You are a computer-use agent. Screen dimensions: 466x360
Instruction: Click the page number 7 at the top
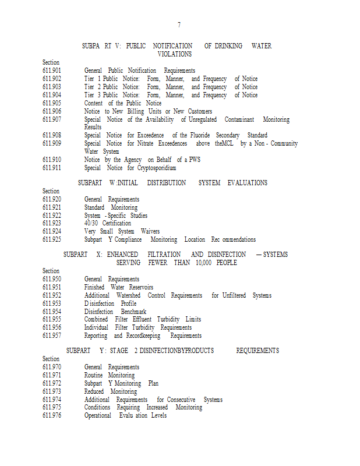(179, 25)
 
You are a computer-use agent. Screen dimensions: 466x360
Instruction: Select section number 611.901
(52, 70)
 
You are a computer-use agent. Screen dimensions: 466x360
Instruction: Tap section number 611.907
(52, 119)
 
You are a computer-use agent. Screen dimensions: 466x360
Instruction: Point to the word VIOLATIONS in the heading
(175, 54)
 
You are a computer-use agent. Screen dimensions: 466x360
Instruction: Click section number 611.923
(52, 224)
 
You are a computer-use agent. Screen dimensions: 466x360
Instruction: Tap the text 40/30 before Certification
(91, 224)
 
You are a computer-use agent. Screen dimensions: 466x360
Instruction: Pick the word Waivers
(150, 232)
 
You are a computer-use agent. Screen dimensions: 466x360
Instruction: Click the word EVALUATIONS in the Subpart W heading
(248, 183)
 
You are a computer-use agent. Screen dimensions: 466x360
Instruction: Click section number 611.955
(52, 320)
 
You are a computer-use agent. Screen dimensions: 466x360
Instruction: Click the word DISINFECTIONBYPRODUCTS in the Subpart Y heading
(177, 351)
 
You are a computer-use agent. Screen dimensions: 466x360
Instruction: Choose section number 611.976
(52, 416)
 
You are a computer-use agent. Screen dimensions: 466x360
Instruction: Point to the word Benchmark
(133, 312)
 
